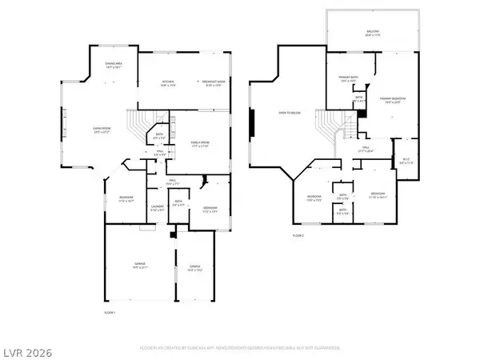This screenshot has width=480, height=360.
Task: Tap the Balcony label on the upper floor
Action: point(374,34)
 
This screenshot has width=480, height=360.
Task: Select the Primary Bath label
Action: point(346,79)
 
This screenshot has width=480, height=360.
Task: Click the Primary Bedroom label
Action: point(391,99)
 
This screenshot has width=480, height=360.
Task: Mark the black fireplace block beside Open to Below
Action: point(254,125)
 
